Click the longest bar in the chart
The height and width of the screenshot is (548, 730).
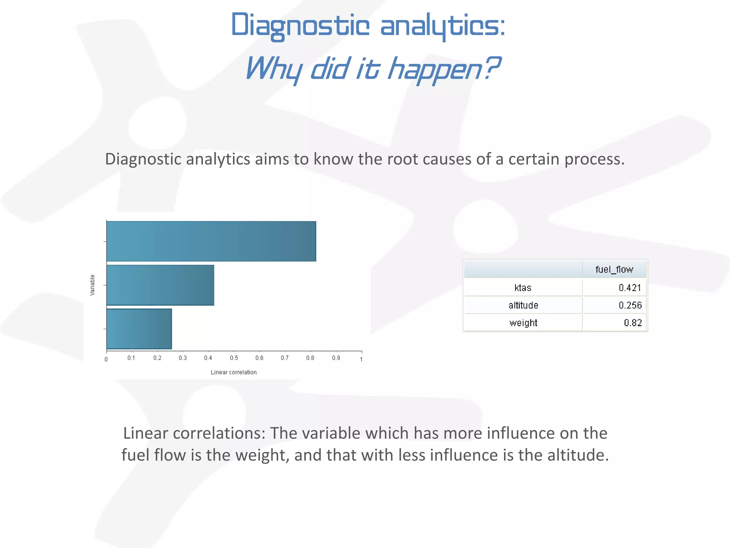211,241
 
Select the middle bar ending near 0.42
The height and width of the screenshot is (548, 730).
160,285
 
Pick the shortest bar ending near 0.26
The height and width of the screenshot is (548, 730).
139,329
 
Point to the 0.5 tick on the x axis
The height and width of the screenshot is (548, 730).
234,358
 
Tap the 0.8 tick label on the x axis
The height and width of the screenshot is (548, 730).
310,358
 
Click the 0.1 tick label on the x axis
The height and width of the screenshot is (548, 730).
131,358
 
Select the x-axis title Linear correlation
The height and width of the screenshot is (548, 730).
233,372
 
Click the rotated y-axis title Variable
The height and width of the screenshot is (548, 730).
92,285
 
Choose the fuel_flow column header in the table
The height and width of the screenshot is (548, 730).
614,269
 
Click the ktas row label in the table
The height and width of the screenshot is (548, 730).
523,288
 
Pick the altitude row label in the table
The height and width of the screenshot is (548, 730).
523,305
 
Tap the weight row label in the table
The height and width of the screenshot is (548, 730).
523,323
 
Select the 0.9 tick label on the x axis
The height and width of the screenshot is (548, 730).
336,358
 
